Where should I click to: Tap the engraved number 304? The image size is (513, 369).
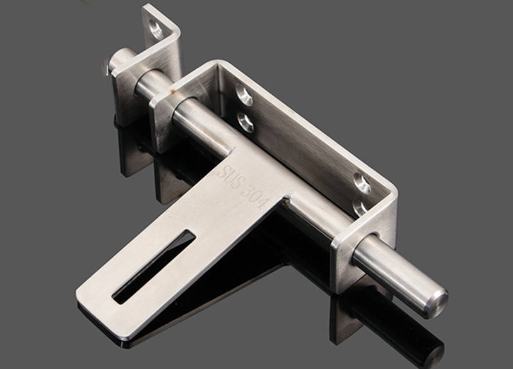tap(253, 196)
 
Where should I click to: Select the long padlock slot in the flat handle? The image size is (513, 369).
tap(154, 266)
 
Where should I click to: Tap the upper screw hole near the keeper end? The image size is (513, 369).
tap(244, 94)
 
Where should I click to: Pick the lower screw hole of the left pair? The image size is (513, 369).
tap(246, 122)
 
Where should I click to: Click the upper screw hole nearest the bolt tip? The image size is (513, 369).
tap(362, 183)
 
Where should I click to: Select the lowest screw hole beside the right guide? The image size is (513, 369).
tap(360, 207)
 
